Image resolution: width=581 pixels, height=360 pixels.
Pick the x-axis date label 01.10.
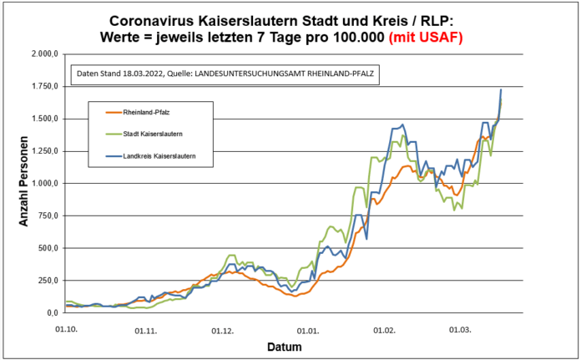click(x=66, y=330)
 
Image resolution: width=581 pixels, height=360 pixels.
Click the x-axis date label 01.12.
click(x=223, y=330)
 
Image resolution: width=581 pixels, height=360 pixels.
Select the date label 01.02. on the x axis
click(x=384, y=330)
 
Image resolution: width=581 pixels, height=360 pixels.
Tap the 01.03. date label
click(x=460, y=330)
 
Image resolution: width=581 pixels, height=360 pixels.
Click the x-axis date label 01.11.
click(x=145, y=330)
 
